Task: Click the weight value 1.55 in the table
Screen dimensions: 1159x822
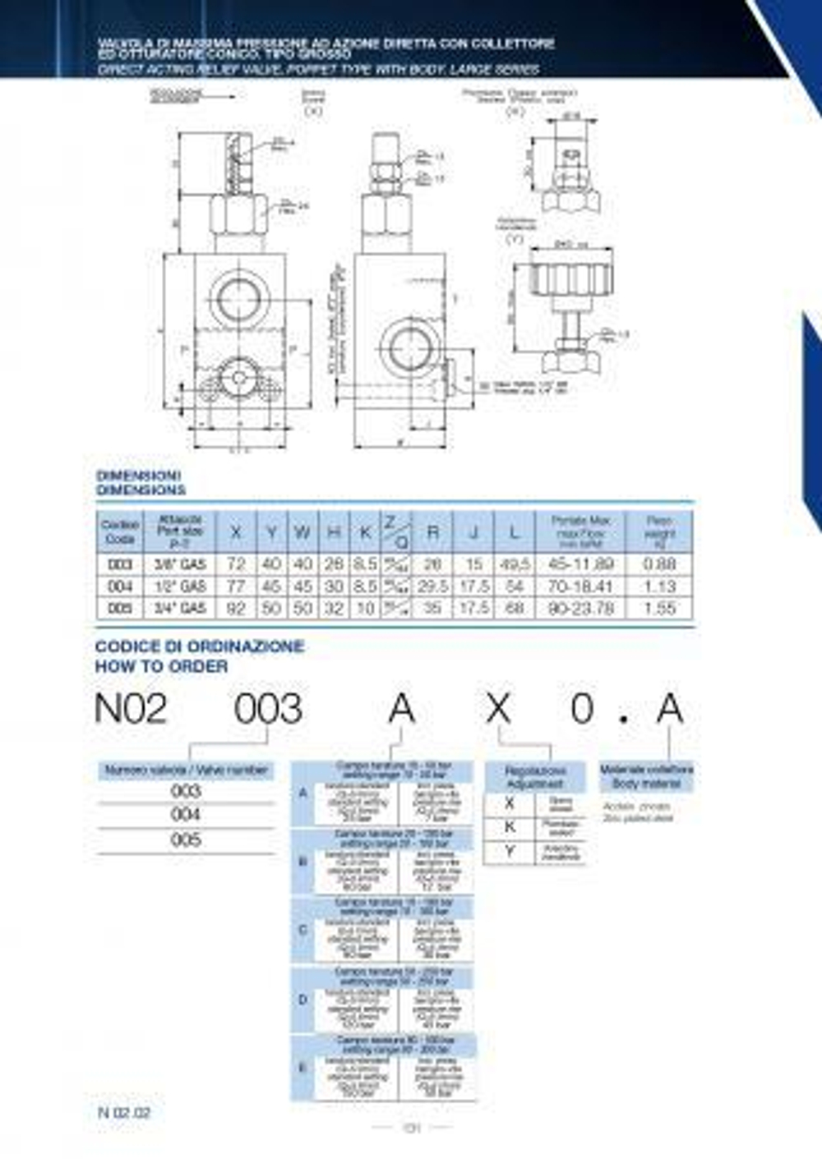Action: [x=659, y=608]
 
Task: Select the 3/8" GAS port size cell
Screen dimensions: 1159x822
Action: [x=180, y=564]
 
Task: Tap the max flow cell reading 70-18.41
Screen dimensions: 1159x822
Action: [x=580, y=586]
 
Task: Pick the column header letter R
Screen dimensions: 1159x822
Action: [x=432, y=532]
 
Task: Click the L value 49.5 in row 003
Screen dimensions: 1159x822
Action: [x=514, y=564]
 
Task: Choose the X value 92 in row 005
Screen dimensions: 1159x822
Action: [x=236, y=608]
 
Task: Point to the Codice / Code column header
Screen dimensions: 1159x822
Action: [x=120, y=532]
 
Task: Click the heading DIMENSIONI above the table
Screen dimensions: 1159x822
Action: [x=138, y=476]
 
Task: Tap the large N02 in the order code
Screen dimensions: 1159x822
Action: [x=132, y=709]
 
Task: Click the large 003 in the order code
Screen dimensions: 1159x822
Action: [x=268, y=709]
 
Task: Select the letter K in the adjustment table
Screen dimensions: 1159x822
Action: [x=509, y=828]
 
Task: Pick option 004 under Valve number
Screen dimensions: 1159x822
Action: [x=185, y=814]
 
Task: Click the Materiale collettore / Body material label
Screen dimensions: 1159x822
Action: [x=646, y=776]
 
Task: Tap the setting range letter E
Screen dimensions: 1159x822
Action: [x=302, y=1068]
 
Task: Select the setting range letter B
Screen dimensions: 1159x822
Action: [x=302, y=862]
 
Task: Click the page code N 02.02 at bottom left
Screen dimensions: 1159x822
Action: [x=124, y=1113]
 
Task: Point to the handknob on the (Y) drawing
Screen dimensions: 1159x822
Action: [x=572, y=279]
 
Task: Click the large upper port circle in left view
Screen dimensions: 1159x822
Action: [x=239, y=297]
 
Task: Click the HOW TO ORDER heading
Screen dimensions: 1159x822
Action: [x=162, y=666]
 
